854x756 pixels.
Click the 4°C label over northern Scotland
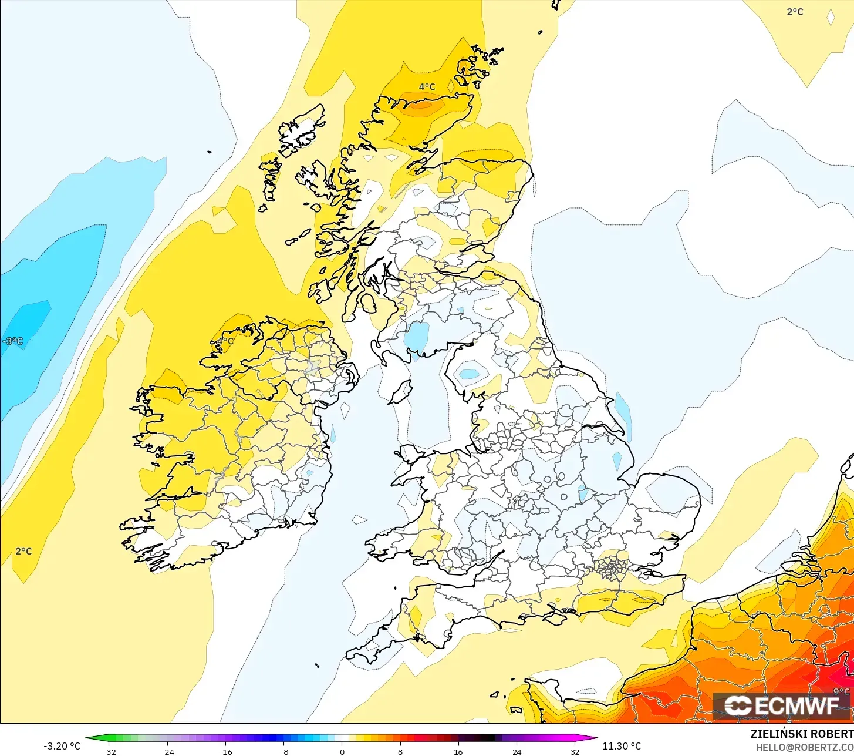point(427,87)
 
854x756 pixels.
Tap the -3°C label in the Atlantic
point(13,341)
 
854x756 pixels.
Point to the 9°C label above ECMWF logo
point(841,692)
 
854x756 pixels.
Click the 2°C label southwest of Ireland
point(23,551)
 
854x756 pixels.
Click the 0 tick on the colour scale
point(342,751)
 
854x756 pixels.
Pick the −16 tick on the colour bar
point(225,751)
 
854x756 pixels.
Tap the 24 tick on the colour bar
point(517,751)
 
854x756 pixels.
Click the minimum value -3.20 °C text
point(62,746)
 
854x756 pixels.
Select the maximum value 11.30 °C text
point(622,746)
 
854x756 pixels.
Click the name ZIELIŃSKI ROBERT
point(802,734)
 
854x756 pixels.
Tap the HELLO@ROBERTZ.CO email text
point(804,747)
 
